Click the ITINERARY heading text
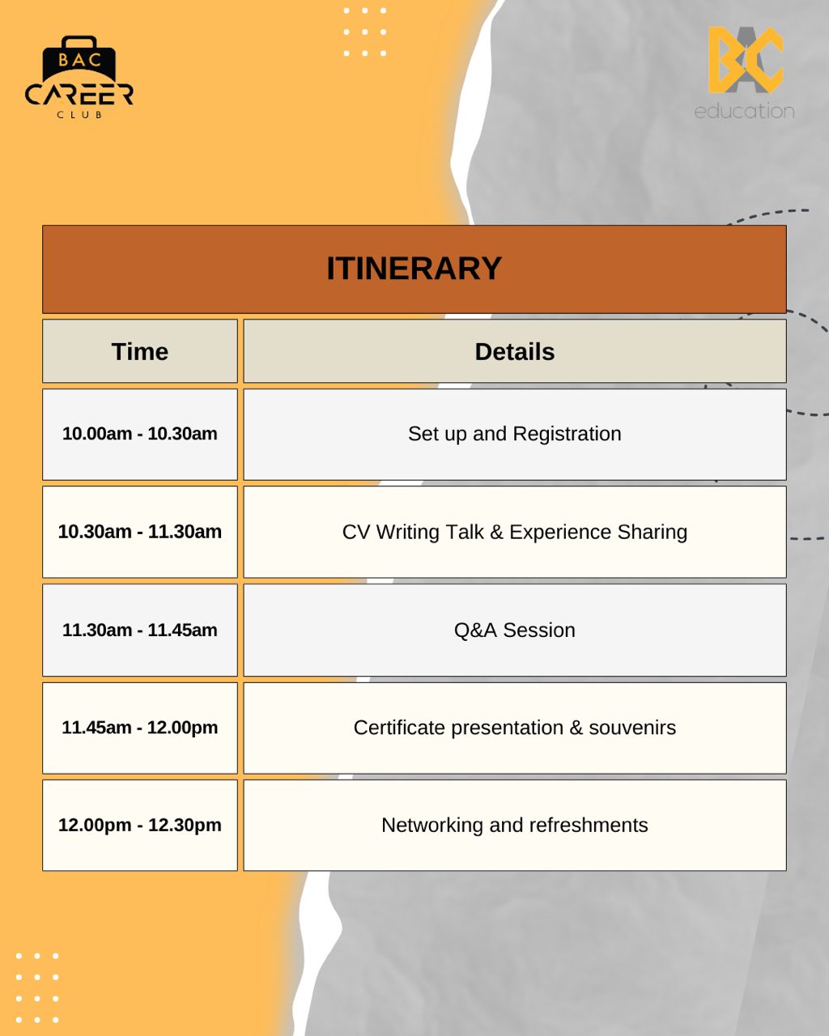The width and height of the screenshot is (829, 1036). click(414, 268)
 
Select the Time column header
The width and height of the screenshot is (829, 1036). click(140, 351)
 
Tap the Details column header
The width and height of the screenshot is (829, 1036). click(514, 351)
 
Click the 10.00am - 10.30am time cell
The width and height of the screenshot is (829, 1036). click(140, 435)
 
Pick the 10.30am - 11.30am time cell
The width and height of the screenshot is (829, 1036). click(140, 532)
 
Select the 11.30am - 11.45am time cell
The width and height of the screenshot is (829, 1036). click(140, 630)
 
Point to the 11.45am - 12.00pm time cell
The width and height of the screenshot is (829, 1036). click(140, 728)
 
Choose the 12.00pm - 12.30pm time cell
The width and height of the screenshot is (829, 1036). click(140, 825)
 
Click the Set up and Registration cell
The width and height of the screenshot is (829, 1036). click(514, 435)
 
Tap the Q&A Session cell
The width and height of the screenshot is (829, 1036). click(514, 630)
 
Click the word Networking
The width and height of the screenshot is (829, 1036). click(432, 826)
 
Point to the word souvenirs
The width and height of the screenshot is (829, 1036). click(632, 728)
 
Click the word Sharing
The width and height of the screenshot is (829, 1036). click(653, 533)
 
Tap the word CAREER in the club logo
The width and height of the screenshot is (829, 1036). click(79, 95)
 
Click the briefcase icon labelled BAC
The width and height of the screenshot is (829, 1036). click(79, 57)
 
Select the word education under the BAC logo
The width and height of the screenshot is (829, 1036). click(744, 111)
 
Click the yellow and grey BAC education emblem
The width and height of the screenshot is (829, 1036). click(746, 60)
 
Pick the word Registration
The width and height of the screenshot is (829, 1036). click(567, 435)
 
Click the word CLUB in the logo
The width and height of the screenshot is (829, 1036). click(79, 115)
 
